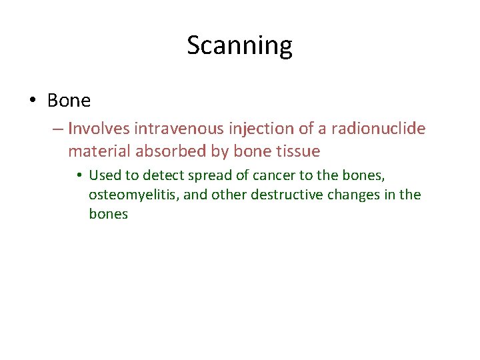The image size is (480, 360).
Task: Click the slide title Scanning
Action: point(239,46)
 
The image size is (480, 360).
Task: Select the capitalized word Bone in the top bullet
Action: point(69,101)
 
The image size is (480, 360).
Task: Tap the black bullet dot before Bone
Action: point(33,101)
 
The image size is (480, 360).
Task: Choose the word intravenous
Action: point(169,127)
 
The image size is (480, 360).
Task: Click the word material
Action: point(99,151)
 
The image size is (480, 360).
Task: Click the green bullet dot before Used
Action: point(79,175)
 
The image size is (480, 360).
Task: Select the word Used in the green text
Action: point(103,175)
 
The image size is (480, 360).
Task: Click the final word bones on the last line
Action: point(108,215)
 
